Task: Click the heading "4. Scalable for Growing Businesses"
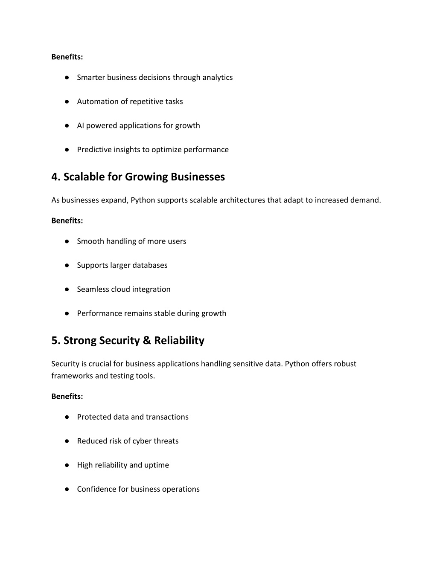pyautogui.click(x=138, y=177)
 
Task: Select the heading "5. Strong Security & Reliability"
pyautogui.click(x=128, y=341)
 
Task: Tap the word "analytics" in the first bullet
pyautogui.click(x=217, y=78)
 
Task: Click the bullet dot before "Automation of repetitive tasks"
pyautogui.click(x=67, y=101)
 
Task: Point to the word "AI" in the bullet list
pyautogui.click(x=80, y=126)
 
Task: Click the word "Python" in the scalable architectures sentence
pyautogui.click(x=143, y=200)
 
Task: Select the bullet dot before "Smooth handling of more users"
pyautogui.click(x=67, y=241)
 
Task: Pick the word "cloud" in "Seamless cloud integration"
pyautogui.click(x=120, y=290)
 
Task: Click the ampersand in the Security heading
pyautogui.click(x=147, y=341)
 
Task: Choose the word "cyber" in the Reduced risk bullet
pyautogui.click(x=140, y=441)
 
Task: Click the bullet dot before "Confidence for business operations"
pyautogui.click(x=67, y=489)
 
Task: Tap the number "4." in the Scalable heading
pyautogui.click(x=56, y=177)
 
